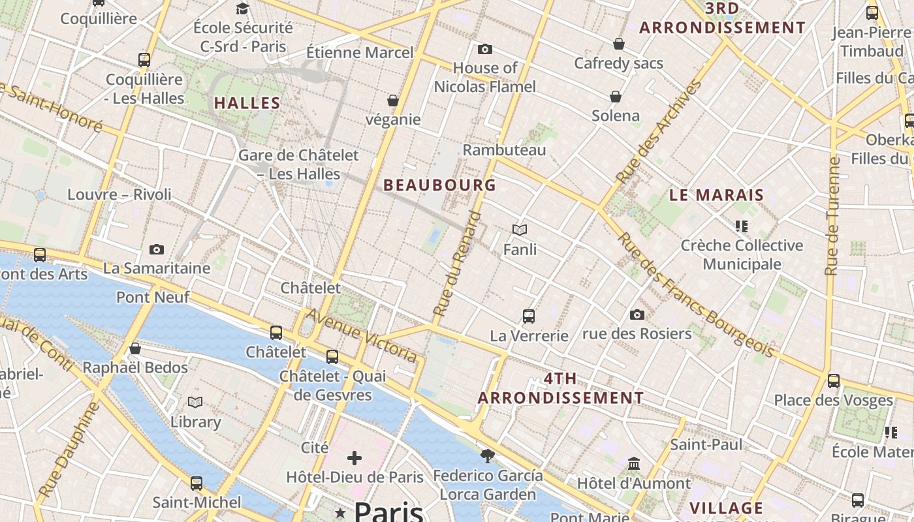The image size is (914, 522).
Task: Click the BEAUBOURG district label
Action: pyautogui.click(x=439, y=185)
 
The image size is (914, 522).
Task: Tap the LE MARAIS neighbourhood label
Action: pyautogui.click(x=716, y=195)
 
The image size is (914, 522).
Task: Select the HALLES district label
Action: pyautogui.click(x=247, y=103)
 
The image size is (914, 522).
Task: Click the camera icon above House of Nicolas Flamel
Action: pyautogui.click(x=484, y=49)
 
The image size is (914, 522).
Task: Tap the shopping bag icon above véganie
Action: pyautogui.click(x=393, y=100)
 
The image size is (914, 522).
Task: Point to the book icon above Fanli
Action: pyautogui.click(x=520, y=230)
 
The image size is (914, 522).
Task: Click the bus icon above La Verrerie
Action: pyautogui.click(x=529, y=316)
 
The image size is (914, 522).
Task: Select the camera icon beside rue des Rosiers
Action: pyautogui.click(x=637, y=315)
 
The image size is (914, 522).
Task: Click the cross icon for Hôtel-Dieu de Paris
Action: pyautogui.click(x=355, y=458)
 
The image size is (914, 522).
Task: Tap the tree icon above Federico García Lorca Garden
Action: pyautogui.click(x=487, y=455)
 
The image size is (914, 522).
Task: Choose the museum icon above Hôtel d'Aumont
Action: pyautogui.click(x=633, y=463)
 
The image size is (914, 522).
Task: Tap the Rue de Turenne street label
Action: pyautogui.click(x=832, y=215)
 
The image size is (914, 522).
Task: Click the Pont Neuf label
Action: pyautogui.click(x=153, y=298)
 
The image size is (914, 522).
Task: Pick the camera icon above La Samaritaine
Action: pyautogui.click(x=157, y=249)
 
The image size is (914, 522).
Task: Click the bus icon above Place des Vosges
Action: pyautogui.click(x=834, y=381)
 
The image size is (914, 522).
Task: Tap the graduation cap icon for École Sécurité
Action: pyautogui.click(x=243, y=8)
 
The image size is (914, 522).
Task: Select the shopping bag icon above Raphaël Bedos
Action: pyautogui.click(x=135, y=348)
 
